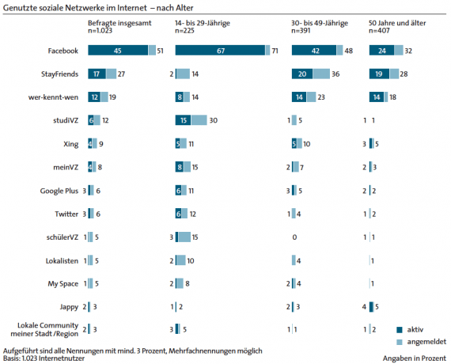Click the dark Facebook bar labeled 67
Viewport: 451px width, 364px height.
coord(220,51)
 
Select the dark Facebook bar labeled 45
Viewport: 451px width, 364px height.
coord(118,51)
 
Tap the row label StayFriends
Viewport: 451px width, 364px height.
coord(59,74)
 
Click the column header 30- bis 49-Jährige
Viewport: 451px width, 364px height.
coord(320,23)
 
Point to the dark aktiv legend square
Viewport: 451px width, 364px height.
coord(400,330)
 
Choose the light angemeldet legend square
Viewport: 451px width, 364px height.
coord(400,342)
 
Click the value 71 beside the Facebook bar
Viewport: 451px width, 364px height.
coord(275,51)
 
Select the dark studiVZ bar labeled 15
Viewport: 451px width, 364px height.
coord(184,120)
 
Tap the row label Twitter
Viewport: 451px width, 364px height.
coord(66,214)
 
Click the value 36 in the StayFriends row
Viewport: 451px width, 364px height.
coord(335,74)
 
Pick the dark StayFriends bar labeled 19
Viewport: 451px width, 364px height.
coord(379,74)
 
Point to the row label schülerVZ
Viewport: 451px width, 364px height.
coord(63,237)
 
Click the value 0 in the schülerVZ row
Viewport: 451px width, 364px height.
coord(294,237)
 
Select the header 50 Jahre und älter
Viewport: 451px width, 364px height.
coord(397,23)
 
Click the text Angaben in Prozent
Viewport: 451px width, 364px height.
coord(414,358)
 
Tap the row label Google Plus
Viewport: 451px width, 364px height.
coord(59,191)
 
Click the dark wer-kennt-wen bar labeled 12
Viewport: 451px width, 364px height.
coord(94,97)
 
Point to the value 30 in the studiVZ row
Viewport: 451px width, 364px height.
coord(213,120)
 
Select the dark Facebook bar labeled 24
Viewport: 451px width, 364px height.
coord(381,51)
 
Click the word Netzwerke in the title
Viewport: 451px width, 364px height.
coord(81,8)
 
